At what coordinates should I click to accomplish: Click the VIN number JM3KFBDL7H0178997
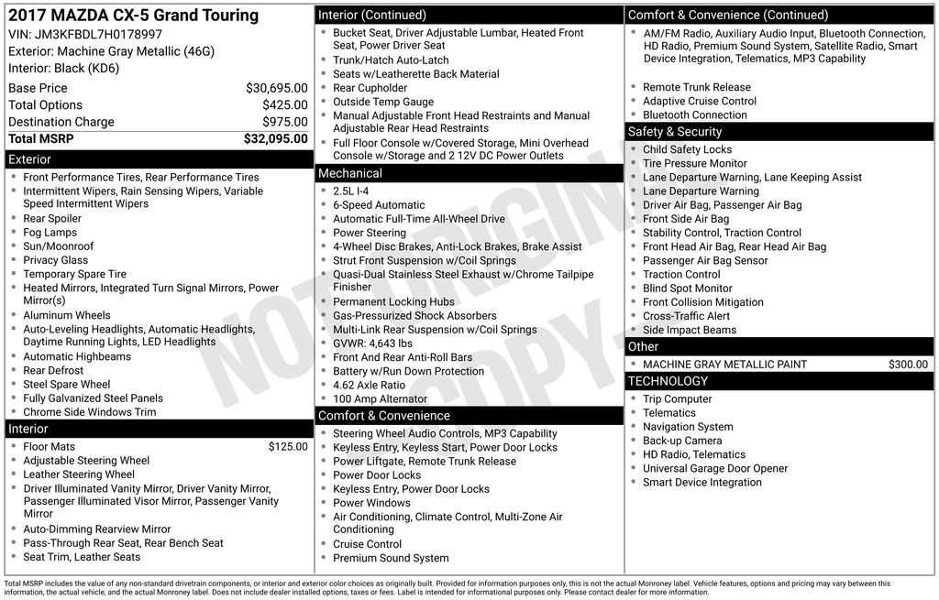coord(98,34)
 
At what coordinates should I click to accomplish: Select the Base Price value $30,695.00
coord(276,88)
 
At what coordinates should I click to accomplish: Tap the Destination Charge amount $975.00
coord(284,122)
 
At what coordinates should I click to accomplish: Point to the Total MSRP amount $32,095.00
coord(275,139)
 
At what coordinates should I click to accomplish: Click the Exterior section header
coord(30,159)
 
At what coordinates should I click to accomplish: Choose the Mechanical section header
coord(349,173)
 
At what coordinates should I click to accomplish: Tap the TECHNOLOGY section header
coord(668,381)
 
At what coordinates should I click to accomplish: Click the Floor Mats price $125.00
coord(288,447)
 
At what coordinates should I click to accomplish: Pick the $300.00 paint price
coord(908,365)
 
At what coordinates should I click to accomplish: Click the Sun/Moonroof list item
coord(59,246)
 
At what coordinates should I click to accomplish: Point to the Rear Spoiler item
coord(52,219)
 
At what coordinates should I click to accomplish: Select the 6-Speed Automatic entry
coord(379,205)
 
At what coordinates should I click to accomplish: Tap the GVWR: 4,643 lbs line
coord(372,344)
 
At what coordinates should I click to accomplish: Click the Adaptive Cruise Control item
coord(700,102)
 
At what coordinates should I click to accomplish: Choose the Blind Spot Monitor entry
coord(688,289)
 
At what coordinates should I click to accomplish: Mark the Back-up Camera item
coord(682,441)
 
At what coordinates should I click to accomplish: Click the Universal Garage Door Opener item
coord(715,468)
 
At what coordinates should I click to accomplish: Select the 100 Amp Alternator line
coord(380,399)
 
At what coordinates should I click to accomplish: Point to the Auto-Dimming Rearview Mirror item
coord(97,529)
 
